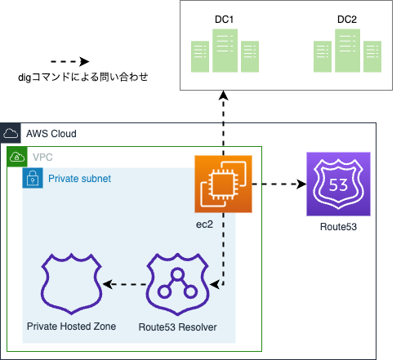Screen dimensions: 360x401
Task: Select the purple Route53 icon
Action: pyautogui.click(x=339, y=184)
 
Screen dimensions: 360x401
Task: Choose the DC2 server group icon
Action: pyautogui.click(x=346, y=51)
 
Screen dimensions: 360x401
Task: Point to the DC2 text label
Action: pyautogui.click(x=346, y=18)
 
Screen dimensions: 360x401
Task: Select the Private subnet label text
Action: pyautogui.click(x=79, y=178)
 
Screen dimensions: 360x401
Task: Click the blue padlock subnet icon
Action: pyautogui.click(x=32, y=178)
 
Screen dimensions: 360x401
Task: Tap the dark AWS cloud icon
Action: pyautogui.click(x=11, y=133)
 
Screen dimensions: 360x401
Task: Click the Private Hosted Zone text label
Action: pyautogui.click(x=72, y=327)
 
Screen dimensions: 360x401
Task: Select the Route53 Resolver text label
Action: pyautogui.click(x=177, y=327)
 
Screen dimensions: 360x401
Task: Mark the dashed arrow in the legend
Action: pyautogui.click(x=70, y=61)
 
